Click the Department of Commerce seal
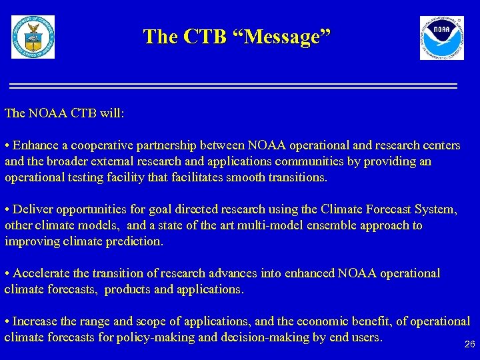point(33,37)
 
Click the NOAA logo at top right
point(441,38)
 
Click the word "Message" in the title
point(287,37)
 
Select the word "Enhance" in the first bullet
point(34,145)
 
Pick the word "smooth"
point(249,177)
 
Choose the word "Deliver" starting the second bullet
point(32,209)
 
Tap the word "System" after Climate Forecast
point(434,209)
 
